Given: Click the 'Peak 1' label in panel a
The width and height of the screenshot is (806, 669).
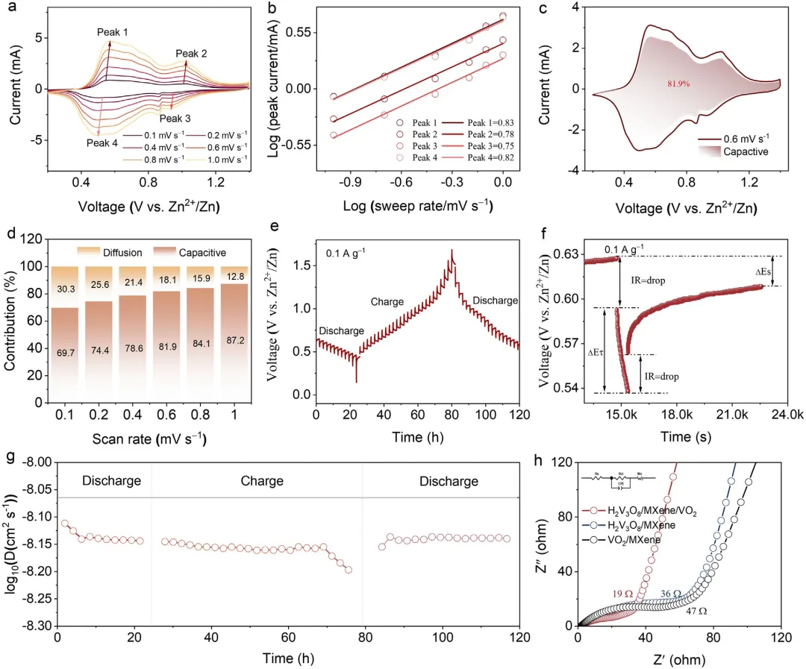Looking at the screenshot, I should click(x=113, y=33).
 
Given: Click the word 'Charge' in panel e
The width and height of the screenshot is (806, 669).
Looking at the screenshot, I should click(x=388, y=302).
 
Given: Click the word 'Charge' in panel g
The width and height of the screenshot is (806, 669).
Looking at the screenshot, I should click(x=256, y=481).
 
